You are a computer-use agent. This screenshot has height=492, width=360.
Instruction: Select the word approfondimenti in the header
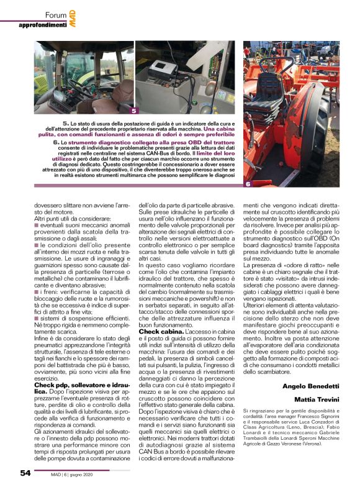tap(42, 25)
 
